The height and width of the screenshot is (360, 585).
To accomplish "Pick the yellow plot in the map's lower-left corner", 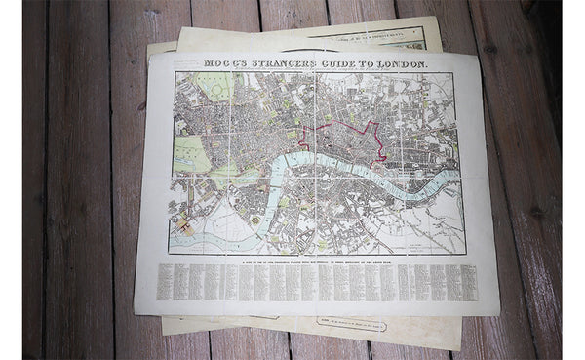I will (182, 225).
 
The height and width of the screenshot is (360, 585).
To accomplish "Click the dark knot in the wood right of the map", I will (535, 211).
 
